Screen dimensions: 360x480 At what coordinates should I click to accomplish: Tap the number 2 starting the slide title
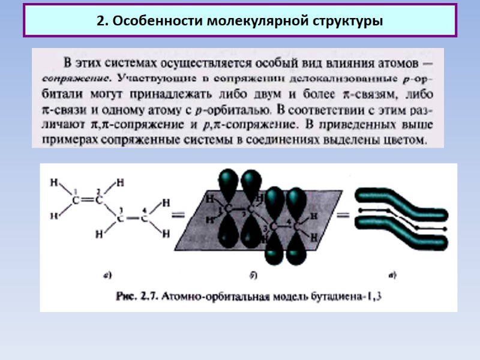(x=101, y=21)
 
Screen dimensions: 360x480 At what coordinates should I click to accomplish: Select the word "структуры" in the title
(x=348, y=21)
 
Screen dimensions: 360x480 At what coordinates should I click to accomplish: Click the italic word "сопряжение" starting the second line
(x=75, y=78)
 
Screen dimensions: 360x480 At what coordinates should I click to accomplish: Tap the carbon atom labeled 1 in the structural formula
(x=76, y=200)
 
